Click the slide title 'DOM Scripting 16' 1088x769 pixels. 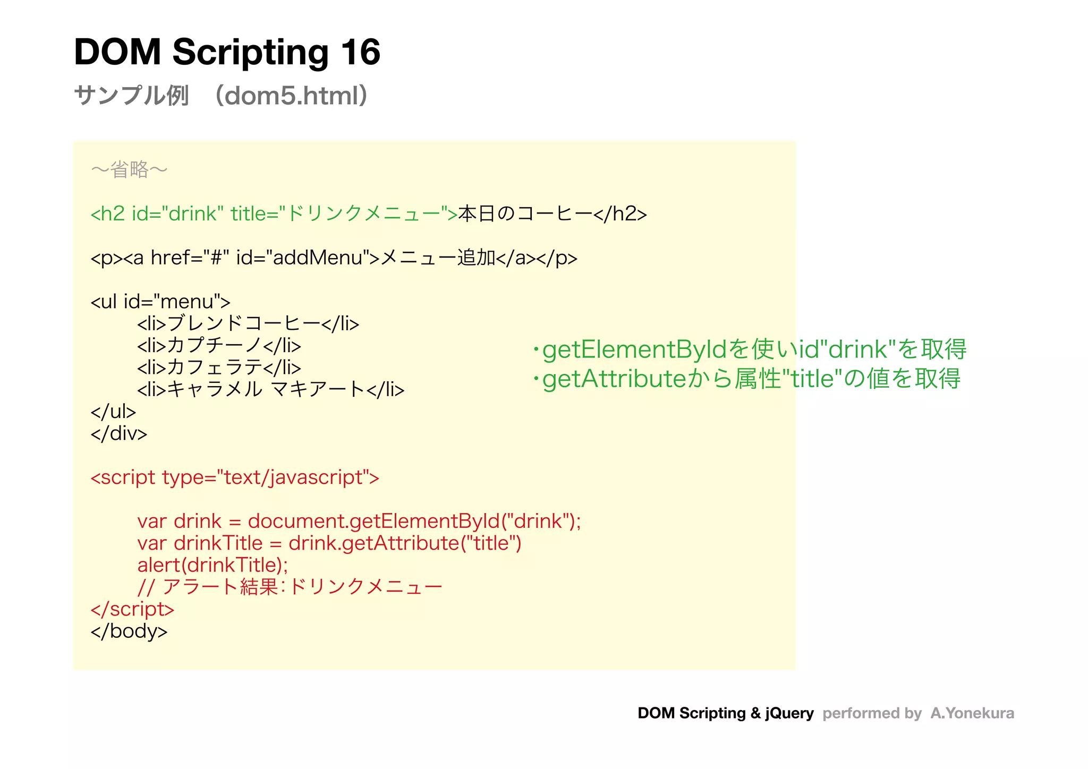[x=227, y=52]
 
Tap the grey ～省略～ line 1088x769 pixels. [x=129, y=170]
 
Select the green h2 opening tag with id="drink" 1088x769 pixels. [x=274, y=213]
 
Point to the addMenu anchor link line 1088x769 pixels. [x=334, y=258]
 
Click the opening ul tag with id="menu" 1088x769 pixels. [x=160, y=302]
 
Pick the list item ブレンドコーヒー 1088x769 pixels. [x=248, y=323]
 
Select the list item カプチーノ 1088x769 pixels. [x=219, y=346]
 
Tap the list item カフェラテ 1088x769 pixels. [x=219, y=368]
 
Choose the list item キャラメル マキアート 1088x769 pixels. [x=270, y=390]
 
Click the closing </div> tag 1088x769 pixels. [x=118, y=433]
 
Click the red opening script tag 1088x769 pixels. [x=235, y=477]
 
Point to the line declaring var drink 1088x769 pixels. [x=359, y=521]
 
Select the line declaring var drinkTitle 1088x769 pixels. [x=329, y=543]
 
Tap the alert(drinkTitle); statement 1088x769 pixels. [x=212, y=565]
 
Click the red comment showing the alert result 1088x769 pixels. [x=290, y=587]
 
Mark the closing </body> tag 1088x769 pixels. [x=129, y=631]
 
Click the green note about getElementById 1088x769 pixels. [x=749, y=349]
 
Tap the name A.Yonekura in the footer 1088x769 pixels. [x=972, y=713]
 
